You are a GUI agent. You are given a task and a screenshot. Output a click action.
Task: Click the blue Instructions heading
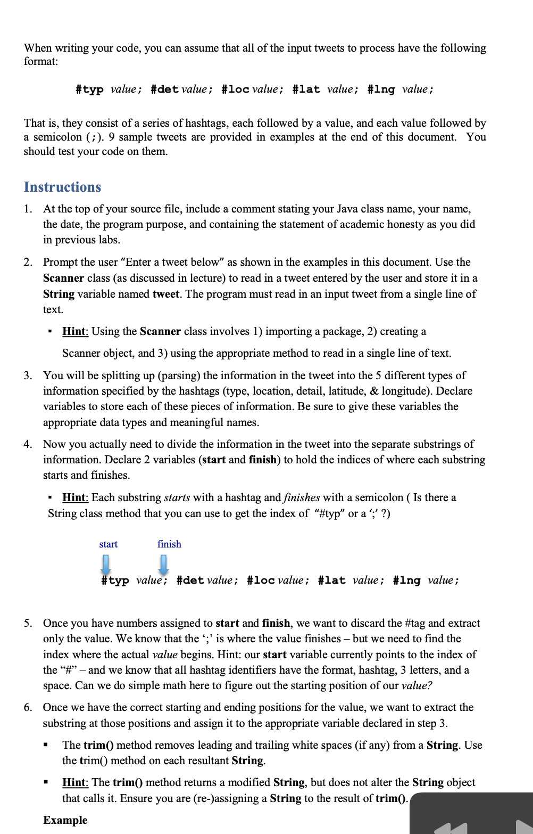point(62,187)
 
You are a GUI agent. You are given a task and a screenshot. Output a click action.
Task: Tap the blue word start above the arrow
point(108,544)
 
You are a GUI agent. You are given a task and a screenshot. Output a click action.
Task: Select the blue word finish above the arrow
point(169,544)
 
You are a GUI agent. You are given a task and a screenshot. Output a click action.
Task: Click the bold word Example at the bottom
point(65,820)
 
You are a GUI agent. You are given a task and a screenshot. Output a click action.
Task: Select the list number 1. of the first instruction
point(28,209)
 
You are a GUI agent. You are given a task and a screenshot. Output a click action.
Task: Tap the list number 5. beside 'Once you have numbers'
point(28,623)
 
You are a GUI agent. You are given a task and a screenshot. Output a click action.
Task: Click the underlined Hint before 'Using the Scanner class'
point(74,331)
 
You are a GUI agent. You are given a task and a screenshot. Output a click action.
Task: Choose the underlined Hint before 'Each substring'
point(74,497)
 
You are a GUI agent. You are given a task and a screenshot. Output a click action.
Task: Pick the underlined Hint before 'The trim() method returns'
point(74,782)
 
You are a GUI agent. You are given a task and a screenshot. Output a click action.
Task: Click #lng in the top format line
point(381,89)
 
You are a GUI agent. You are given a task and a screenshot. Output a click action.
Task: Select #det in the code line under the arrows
point(190,580)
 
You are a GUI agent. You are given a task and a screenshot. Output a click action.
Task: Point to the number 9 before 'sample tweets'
point(112,137)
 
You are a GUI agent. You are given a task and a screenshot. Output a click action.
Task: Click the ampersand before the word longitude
point(374,391)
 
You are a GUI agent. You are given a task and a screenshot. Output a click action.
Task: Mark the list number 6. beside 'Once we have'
point(28,707)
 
